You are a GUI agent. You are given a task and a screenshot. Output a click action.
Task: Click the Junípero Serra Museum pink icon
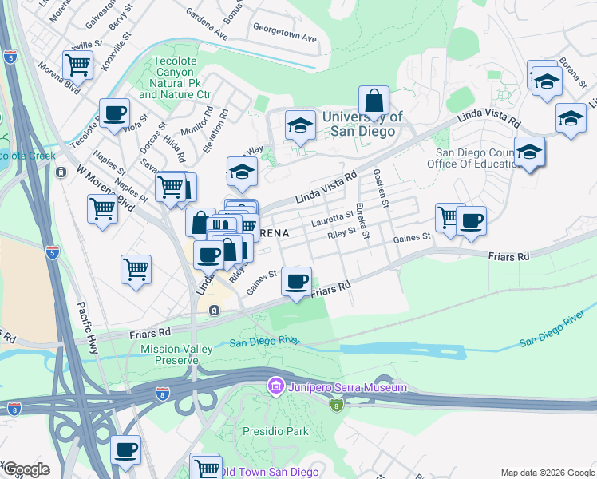click(x=276, y=387)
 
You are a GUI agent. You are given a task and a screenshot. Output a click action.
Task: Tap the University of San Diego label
click(x=362, y=124)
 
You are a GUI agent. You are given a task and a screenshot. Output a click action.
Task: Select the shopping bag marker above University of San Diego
click(x=374, y=102)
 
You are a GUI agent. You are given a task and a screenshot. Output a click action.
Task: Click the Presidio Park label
click(x=286, y=431)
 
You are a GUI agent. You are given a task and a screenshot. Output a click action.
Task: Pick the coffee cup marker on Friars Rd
click(x=297, y=281)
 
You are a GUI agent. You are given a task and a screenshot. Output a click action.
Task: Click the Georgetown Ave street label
click(x=285, y=38)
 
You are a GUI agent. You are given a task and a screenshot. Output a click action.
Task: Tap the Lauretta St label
click(x=333, y=216)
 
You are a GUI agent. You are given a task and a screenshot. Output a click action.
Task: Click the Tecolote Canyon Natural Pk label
click(x=175, y=82)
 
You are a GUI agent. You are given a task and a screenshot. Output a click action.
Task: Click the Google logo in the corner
click(x=26, y=469)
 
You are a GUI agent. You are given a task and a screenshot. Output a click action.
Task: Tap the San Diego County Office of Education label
click(x=479, y=158)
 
